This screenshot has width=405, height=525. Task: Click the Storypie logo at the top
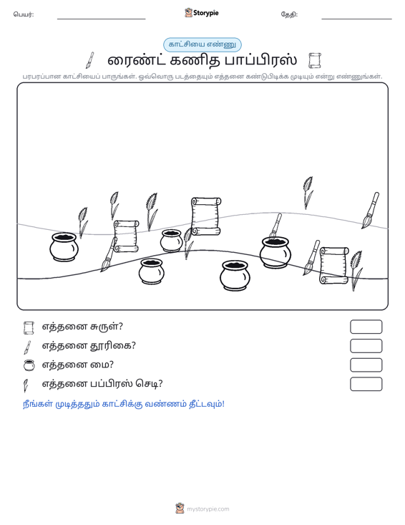tap(201, 13)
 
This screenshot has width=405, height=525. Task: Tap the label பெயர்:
tap(24, 14)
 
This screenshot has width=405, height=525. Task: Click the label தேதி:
tap(289, 15)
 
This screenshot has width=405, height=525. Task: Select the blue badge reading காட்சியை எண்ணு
tap(202, 44)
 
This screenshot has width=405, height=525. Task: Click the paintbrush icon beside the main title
tap(90, 60)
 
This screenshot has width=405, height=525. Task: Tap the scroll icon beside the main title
tap(314, 61)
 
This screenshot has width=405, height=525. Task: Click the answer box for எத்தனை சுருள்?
tap(366, 327)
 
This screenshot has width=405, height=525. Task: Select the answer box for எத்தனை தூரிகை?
tap(366, 346)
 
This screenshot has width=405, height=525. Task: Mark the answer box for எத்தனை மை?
tap(366, 365)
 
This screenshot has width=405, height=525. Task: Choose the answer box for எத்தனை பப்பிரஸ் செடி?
tap(366, 384)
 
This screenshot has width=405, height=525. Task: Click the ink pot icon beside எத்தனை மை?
tap(29, 365)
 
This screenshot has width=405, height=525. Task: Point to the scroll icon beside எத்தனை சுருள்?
tap(29, 328)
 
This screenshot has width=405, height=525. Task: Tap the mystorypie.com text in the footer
tap(208, 509)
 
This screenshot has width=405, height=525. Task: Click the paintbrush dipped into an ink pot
tap(275, 225)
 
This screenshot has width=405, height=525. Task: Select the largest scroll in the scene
tap(205, 216)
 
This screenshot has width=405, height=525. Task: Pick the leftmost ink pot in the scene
tap(64, 247)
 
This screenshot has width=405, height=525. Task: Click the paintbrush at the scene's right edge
tap(370, 211)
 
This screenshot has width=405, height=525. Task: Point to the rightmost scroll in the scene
tap(334, 266)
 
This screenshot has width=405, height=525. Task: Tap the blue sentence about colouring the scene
tap(123, 404)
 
